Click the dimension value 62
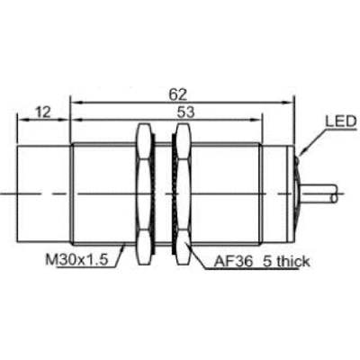[177, 94]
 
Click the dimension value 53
[185, 112]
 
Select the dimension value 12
[42, 112]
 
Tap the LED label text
[341, 121]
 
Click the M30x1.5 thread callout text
[76, 259]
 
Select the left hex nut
[146, 194]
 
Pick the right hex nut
[182, 194]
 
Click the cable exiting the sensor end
[318, 194]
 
